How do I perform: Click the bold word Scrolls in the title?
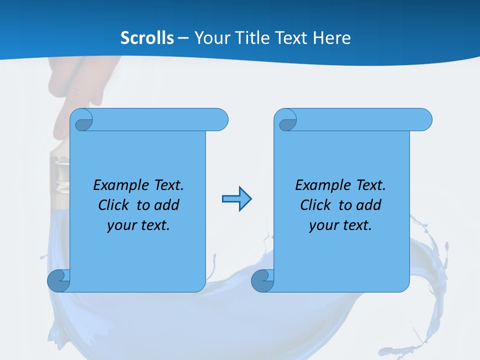(147, 38)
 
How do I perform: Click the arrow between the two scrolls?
(236, 199)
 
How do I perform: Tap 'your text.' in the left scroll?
(138, 225)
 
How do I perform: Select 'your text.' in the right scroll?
(340, 225)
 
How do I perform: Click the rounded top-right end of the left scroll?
(219, 120)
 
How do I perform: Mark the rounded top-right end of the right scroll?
(423, 120)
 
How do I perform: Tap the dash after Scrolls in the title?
(183, 38)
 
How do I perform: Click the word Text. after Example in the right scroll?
(370, 185)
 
